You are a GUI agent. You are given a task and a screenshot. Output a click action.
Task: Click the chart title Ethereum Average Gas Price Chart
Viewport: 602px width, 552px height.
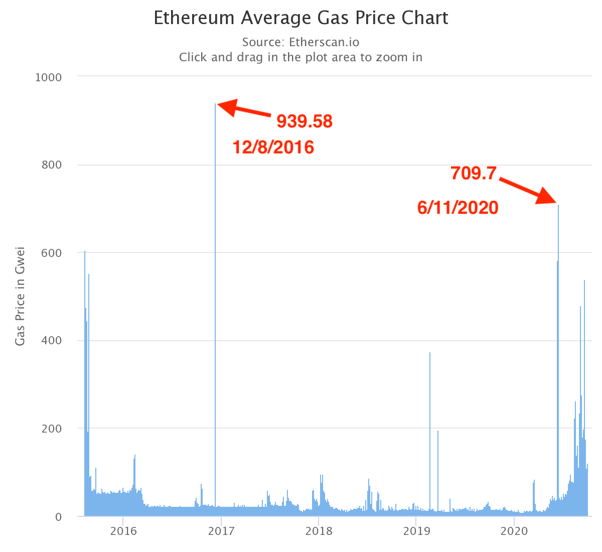point(300,18)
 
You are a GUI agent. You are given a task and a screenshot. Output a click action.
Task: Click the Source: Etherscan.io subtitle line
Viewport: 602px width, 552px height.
point(300,42)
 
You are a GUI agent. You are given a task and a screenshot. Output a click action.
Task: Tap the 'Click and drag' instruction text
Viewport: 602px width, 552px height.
point(300,57)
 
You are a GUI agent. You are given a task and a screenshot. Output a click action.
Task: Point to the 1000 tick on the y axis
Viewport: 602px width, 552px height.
point(49,77)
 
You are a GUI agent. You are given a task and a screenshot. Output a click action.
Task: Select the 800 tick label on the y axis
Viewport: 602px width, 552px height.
point(51,165)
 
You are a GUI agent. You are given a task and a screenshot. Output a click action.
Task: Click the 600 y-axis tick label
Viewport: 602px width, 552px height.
point(51,253)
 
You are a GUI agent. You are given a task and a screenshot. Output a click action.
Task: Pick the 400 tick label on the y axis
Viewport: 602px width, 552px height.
point(51,341)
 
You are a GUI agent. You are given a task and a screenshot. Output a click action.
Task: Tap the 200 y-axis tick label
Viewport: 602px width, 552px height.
point(51,429)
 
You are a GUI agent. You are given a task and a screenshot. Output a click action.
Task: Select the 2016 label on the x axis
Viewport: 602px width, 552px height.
point(123,531)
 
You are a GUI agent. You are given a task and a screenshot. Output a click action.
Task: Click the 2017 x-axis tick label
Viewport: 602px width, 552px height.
point(221,531)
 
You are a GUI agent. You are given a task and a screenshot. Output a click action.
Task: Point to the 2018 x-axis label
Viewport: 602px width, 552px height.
point(319,531)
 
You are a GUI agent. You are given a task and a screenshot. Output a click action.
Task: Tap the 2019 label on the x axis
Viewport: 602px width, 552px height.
point(416,531)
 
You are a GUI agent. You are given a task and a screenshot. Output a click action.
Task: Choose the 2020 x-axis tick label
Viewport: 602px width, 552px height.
point(514,531)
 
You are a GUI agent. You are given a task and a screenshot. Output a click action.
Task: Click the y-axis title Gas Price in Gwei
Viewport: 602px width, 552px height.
point(20,296)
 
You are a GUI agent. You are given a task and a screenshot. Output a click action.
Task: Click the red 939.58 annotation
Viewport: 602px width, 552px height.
point(305,121)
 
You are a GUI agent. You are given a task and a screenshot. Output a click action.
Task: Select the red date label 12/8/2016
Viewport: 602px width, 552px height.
point(273,148)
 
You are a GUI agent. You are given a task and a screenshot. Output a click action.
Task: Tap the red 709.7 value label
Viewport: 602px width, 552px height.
point(473,174)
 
